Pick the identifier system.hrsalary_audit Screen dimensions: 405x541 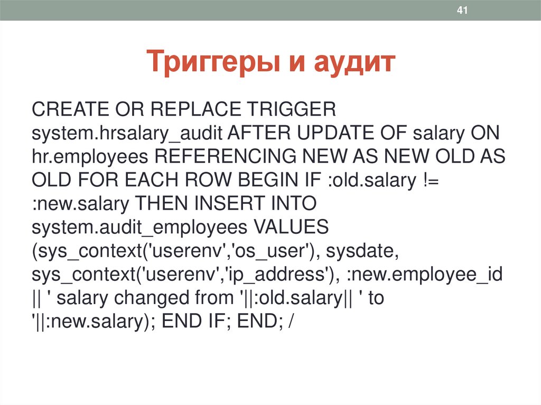[x=125, y=134]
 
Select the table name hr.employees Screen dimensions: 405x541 [x=88, y=157]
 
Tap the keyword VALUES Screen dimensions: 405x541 [x=292, y=228]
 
